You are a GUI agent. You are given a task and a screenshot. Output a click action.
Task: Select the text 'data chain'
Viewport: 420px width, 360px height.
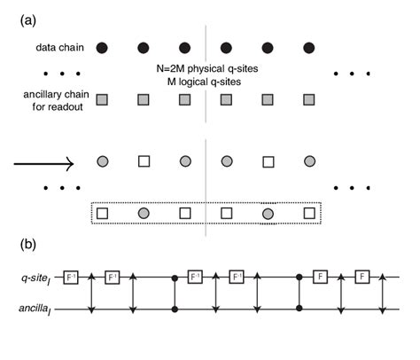[x=56, y=46]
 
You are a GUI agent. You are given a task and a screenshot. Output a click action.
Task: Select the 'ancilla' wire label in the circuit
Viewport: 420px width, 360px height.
[x=38, y=309]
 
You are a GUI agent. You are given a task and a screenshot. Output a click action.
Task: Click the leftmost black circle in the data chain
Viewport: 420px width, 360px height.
[x=103, y=46]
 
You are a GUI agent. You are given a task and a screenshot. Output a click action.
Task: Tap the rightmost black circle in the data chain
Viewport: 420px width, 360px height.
[x=309, y=46]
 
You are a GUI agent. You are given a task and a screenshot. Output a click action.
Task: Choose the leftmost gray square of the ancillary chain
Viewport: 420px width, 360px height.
[x=103, y=99]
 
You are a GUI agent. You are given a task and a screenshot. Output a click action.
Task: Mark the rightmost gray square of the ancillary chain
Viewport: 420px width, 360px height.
[x=309, y=99]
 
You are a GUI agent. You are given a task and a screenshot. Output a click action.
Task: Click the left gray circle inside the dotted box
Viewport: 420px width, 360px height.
[x=144, y=215]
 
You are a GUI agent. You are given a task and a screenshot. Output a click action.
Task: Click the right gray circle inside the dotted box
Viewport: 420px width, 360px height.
[x=268, y=215]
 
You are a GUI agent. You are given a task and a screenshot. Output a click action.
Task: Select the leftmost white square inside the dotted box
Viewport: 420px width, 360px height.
[x=103, y=215]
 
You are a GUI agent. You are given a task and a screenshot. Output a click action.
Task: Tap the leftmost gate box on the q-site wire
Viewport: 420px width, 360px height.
[x=73, y=278]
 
